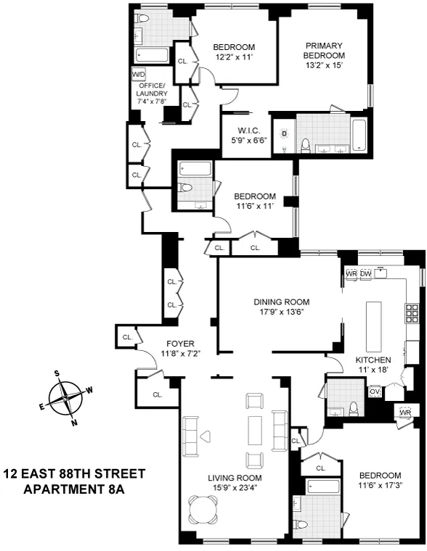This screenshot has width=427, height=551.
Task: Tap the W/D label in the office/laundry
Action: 138,75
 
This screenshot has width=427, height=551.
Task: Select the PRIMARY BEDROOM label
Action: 323,50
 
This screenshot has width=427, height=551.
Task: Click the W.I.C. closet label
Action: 245,131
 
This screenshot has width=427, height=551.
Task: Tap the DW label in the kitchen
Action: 366,273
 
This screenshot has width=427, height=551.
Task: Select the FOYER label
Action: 180,344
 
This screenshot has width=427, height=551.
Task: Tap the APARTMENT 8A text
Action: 75,489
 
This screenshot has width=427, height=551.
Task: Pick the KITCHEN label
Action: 373,360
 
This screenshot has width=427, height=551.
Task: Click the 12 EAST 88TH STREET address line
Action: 75,474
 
